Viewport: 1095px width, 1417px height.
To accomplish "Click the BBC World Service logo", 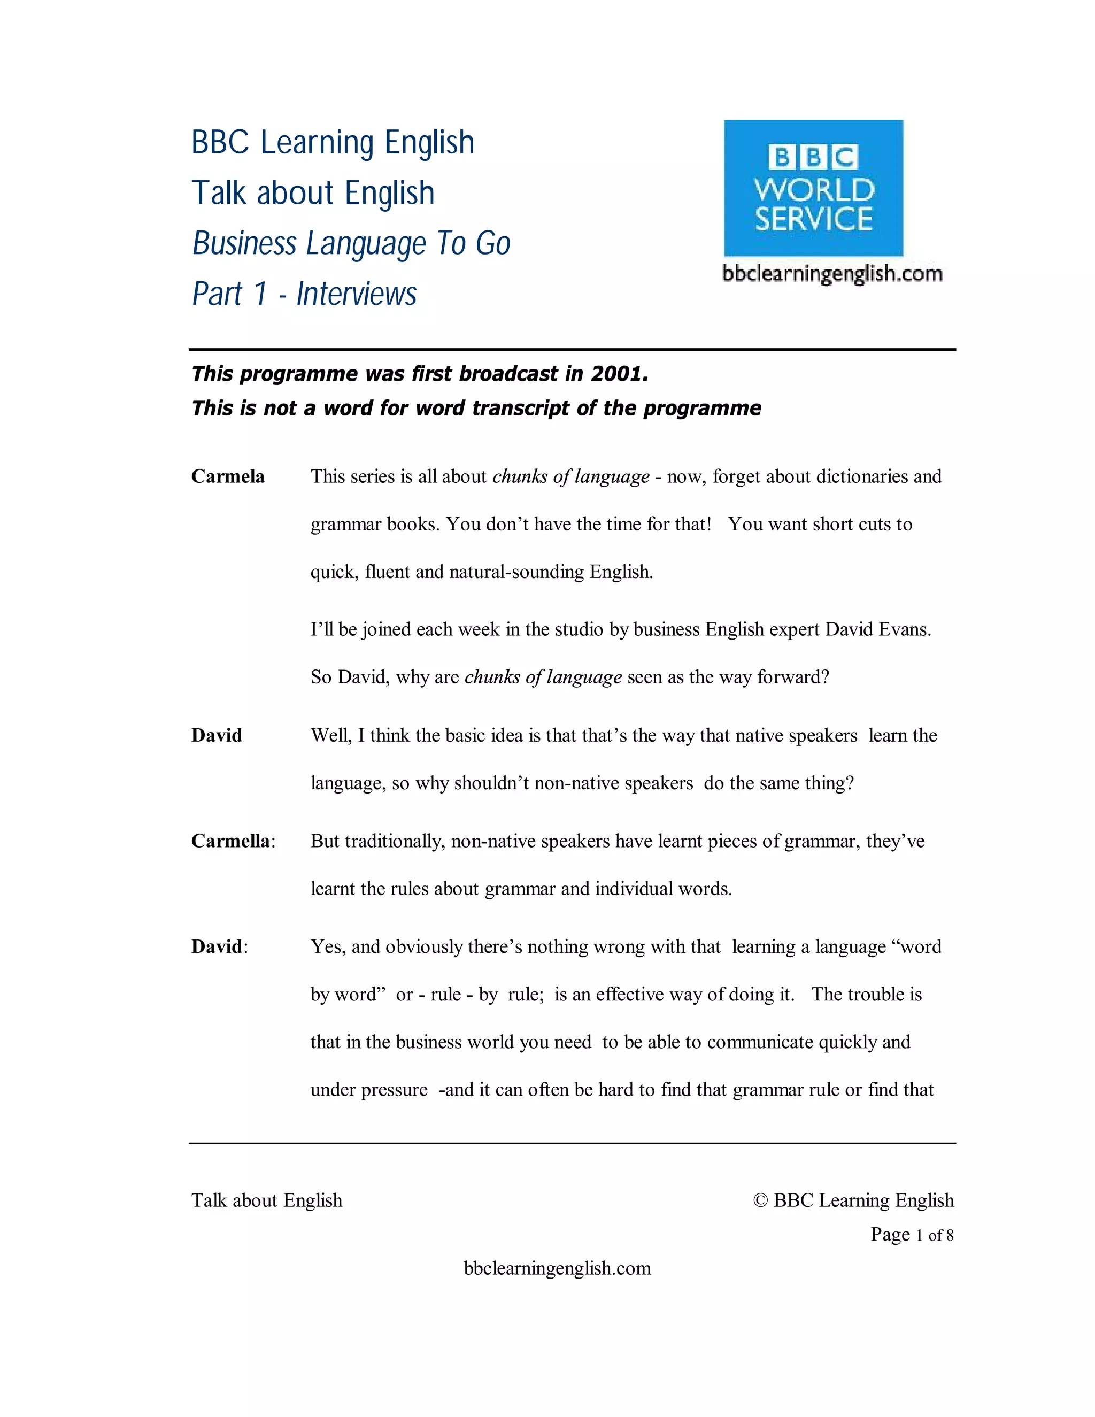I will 813,188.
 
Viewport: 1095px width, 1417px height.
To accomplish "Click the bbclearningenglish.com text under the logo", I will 832,274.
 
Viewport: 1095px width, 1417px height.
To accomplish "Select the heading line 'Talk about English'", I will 313,192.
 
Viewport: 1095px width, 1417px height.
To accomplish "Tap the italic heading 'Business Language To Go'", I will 351,243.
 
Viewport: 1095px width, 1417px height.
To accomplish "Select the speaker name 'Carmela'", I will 228,477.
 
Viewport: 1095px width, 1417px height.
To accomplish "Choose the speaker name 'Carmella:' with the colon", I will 233,841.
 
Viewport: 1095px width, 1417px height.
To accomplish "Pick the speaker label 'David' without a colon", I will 217,735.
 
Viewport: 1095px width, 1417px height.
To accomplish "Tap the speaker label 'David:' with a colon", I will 219,946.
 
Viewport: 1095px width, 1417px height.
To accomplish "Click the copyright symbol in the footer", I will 760,1200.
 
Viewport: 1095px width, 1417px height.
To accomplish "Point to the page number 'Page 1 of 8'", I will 912,1235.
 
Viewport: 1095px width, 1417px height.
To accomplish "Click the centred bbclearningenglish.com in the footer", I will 557,1268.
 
